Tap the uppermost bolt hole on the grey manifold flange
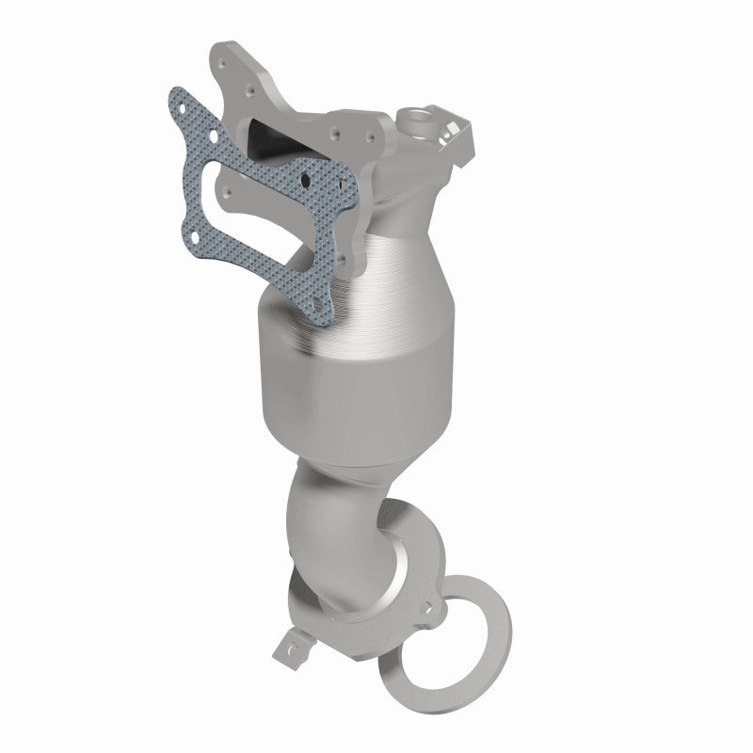tap(221, 63)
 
